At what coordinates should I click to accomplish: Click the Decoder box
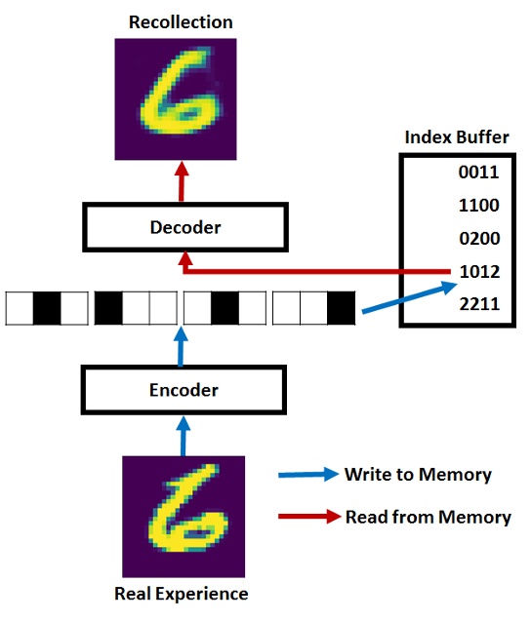click(x=184, y=227)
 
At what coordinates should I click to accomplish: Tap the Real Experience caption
click(x=182, y=594)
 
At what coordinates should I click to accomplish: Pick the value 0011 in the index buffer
click(x=478, y=173)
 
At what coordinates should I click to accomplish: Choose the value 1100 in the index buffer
click(x=478, y=206)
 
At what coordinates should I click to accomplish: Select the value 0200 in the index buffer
click(x=478, y=239)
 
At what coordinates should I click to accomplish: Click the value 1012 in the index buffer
click(x=478, y=272)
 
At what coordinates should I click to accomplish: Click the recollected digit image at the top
click(x=182, y=98)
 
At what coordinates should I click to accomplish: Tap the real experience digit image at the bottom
click(x=182, y=517)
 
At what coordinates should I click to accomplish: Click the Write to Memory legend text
click(x=418, y=475)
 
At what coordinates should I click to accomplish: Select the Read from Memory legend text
click(x=428, y=517)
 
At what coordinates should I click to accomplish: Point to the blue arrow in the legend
click(x=306, y=476)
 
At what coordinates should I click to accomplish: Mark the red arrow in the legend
click(x=306, y=518)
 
